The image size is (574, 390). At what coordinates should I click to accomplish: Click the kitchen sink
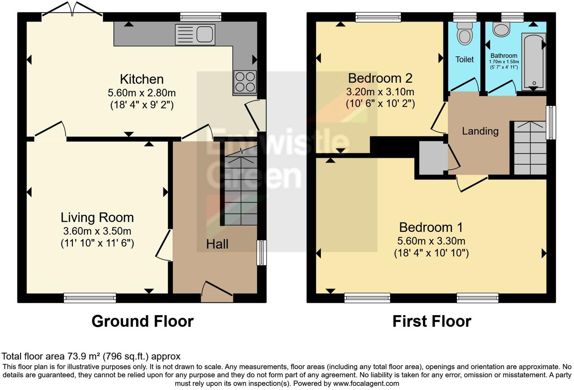pos(196,34)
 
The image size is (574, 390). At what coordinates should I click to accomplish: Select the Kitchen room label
pos(142,79)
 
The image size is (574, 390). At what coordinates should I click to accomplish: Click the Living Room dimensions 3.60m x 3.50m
pos(97,231)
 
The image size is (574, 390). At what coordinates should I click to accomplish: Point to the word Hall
pos(217,244)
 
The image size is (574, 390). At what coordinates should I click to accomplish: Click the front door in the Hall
pos(217,292)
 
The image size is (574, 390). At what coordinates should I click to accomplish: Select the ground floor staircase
pos(241,189)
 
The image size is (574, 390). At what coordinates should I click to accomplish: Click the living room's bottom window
pos(90,298)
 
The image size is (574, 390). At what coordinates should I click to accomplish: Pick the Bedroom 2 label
pos(380,78)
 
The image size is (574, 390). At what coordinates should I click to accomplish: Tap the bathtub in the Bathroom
pos(533,62)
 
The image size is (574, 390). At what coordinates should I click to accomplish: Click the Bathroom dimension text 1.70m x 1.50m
pos(504,62)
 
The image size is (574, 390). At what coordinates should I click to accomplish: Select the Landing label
pos(480,131)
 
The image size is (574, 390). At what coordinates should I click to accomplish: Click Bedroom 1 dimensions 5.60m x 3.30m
pos(431,241)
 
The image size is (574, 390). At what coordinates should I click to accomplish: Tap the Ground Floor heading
pos(142,321)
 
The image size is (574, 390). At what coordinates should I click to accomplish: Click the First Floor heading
pos(432,321)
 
